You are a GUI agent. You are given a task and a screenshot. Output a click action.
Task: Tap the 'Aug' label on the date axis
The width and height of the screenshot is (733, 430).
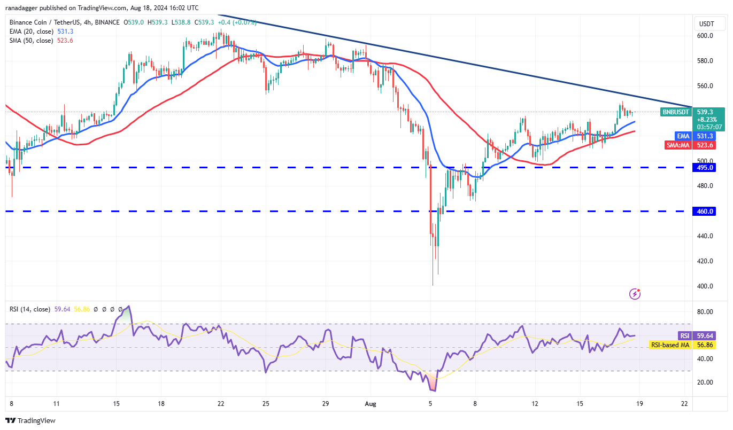(372, 405)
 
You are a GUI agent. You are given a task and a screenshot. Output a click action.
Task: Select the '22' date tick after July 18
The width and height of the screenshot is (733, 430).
(220, 405)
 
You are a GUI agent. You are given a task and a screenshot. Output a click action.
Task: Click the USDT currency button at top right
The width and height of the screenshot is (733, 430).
(707, 24)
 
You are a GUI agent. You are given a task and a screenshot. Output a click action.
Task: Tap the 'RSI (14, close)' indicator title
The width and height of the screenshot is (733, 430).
(29, 309)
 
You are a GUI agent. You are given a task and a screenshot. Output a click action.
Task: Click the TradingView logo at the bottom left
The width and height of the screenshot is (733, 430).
(30, 420)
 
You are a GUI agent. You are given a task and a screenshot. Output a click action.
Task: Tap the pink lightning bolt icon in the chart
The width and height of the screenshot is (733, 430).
(635, 293)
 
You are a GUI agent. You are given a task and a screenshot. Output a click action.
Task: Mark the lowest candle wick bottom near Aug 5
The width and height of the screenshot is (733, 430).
(432, 285)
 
